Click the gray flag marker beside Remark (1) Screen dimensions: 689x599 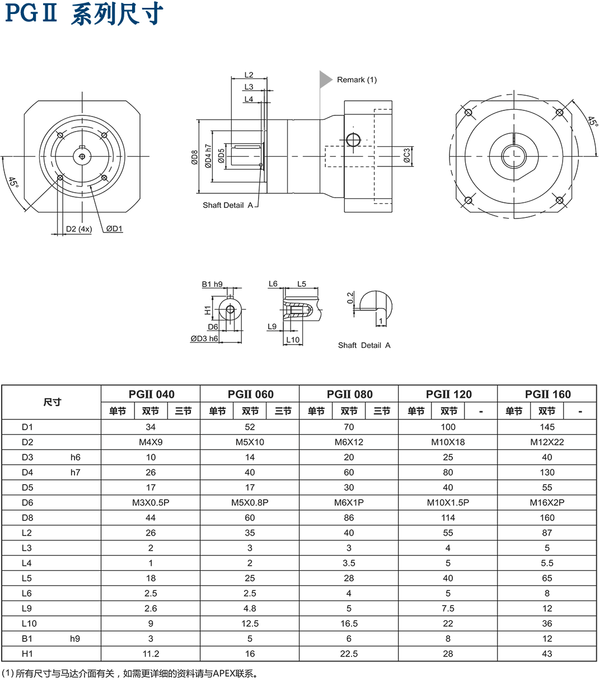[x=325, y=80]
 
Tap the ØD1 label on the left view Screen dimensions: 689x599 [x=115, y=229]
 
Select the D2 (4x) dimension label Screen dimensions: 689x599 [x=78, y=229]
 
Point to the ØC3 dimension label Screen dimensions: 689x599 [x=407, y=155]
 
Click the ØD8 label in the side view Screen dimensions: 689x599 [x=194, y=157]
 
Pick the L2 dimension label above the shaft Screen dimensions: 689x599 [x=249, y=75]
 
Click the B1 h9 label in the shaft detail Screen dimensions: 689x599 [x=212, y=285]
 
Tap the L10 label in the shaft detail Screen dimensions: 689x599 [x=293, y=339]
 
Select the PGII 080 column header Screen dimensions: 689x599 [x=349, y=394]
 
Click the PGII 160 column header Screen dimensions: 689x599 [x=547, y=394]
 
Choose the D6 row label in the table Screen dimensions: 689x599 [x=27, y=502]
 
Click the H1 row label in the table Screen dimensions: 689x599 [x=27, y=654]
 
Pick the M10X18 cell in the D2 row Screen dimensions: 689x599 [x=448, y=442]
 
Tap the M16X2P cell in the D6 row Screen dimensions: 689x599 [x=547, y=502]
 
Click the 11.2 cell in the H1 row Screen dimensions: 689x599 [x=151, y=654]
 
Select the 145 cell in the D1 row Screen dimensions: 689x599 [x=547, y=427]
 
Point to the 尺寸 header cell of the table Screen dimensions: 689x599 [x=52, y=402]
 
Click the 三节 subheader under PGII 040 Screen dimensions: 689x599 [x=184, y=411]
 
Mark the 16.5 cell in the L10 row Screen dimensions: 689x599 [x=349, y=623]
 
